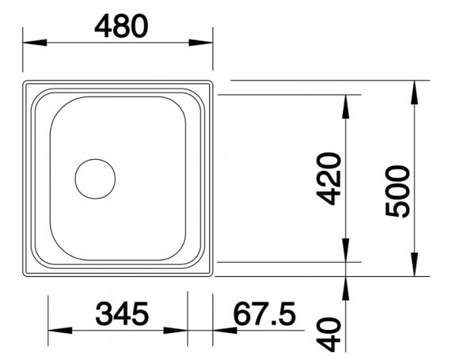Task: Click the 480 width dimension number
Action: point(121,26)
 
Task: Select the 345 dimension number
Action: point(122,313)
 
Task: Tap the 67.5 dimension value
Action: point(264,313)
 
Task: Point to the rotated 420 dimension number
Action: point(329,179)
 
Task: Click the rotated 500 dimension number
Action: point(397,191)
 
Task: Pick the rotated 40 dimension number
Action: point(329,334)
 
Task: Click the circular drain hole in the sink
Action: point(95,179)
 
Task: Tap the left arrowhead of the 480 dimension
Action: point(35,43)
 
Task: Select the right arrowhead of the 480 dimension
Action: point(200,43)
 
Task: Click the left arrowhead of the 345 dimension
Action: point(60,330)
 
